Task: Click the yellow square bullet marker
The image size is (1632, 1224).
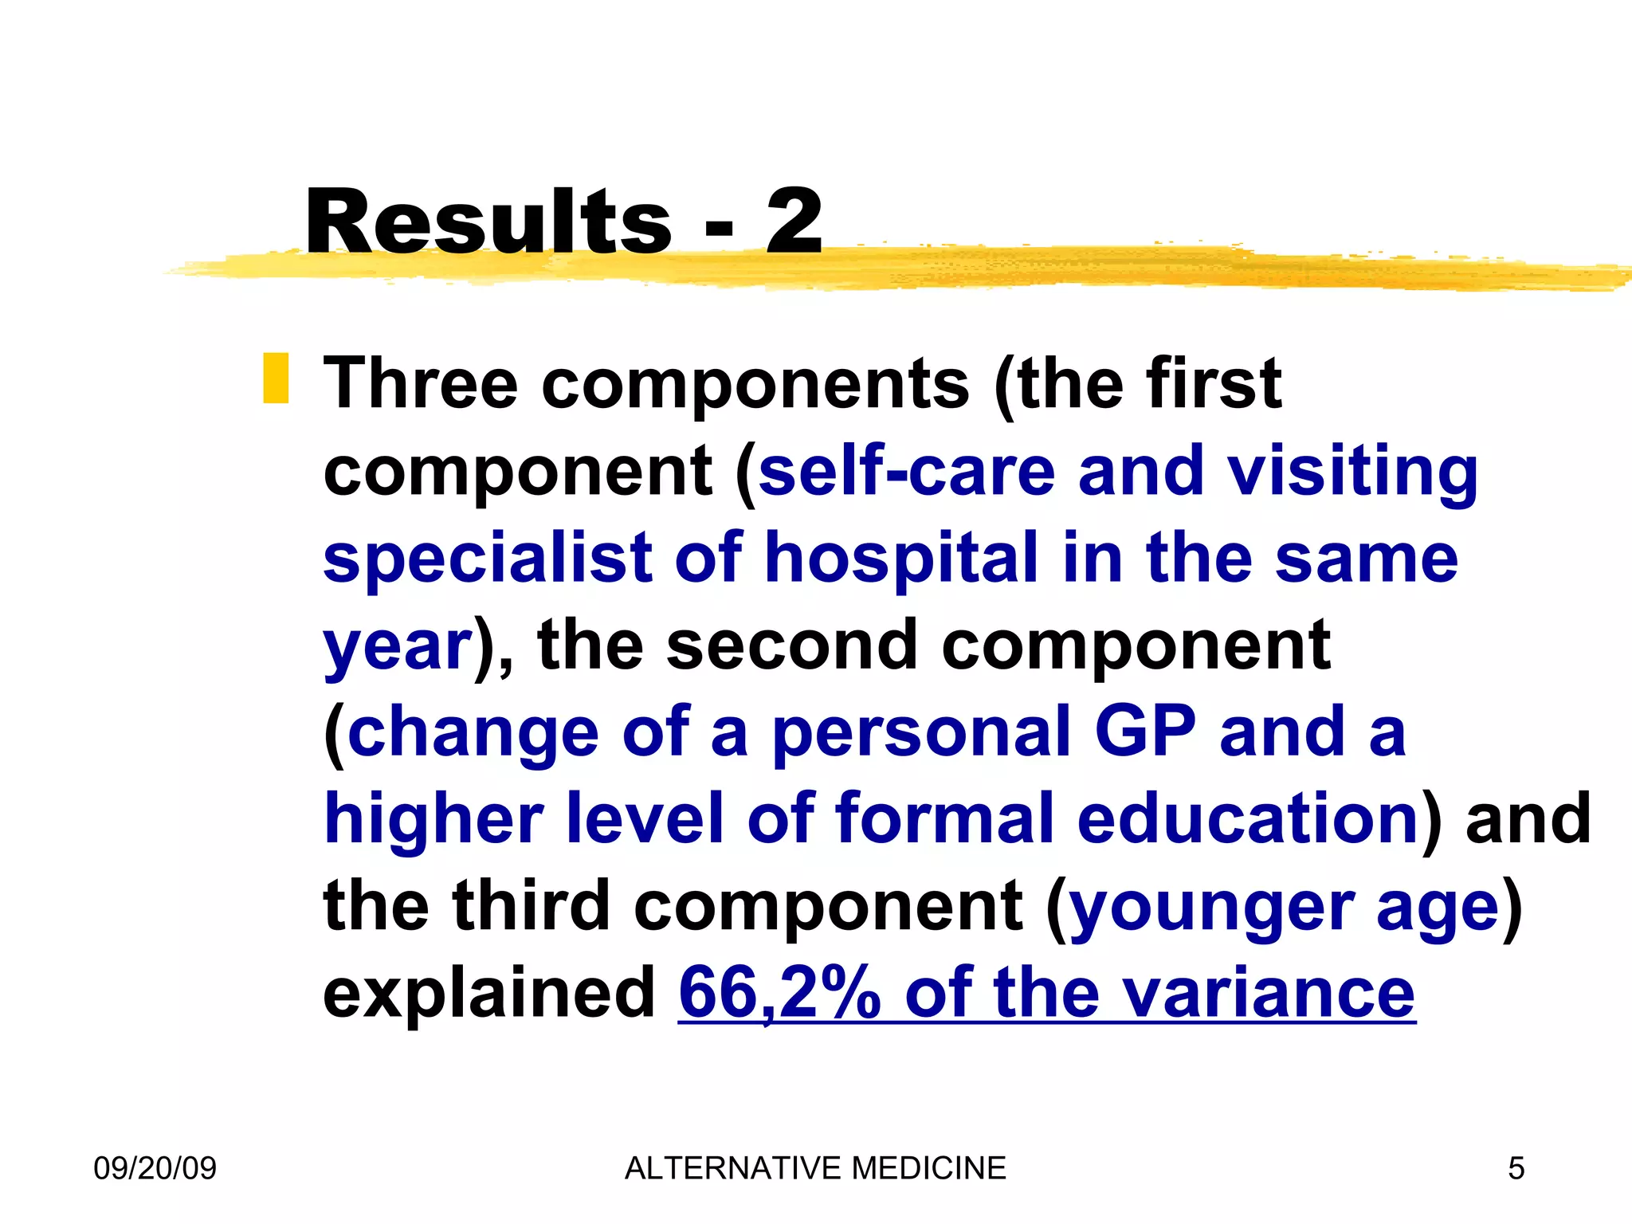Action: (x=276, y=379)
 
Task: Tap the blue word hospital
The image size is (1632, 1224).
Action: (x=901, y=559)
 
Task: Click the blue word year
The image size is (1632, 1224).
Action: (x=398, y=647)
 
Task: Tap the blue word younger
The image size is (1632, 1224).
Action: (x=1210, y=908)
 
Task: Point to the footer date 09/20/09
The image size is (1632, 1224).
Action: (x=155, y=1168)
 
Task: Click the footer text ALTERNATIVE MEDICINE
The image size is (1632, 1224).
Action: (x=815, y=1168)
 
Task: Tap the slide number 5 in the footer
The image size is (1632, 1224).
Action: (x=1516, y=1169)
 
